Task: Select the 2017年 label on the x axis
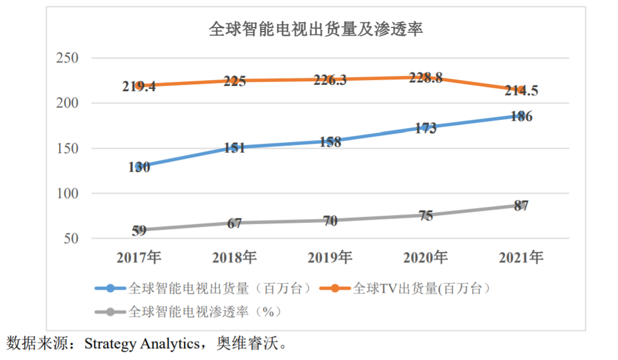[139, 258]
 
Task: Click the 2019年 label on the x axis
[330, 258]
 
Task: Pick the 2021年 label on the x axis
[521, 258]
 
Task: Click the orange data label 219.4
[139, 86]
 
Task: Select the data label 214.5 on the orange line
[521, 91]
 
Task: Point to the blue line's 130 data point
[139, 167]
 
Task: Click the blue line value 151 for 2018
[234, 148]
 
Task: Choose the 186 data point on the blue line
[521, 116]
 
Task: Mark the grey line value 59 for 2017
[139, 230]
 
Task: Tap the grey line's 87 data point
[521, 206]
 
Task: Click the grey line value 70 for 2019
[330, 221]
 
